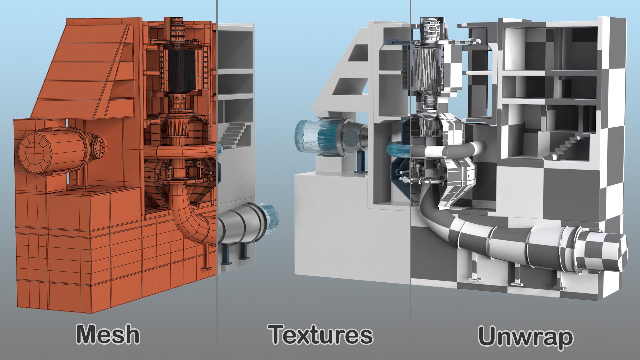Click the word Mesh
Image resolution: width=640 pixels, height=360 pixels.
108,334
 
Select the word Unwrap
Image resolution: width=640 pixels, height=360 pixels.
526,337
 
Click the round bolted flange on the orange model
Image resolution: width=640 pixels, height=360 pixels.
99,145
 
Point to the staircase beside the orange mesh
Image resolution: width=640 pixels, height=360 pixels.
235,133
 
